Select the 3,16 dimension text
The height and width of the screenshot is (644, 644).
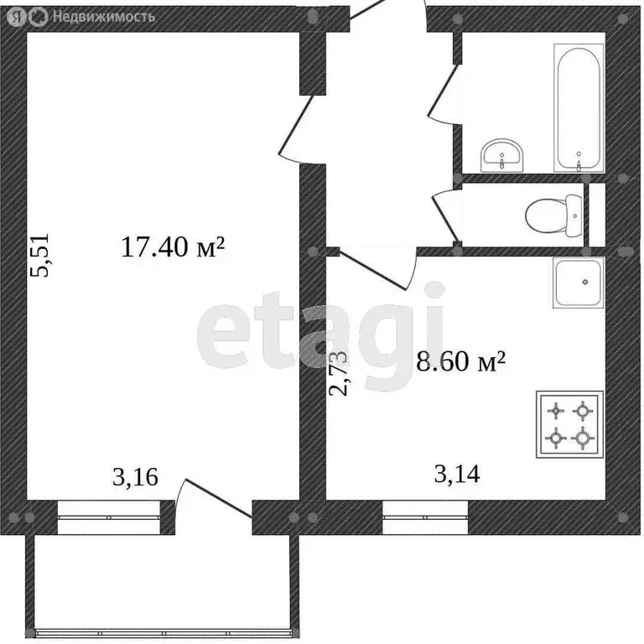pos(135,478)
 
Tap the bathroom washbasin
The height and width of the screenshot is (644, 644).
pos(502,154)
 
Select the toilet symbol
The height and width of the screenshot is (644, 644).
pos(553,215)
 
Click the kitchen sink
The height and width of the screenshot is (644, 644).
pos(578,282)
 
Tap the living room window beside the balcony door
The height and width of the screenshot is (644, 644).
pos(108,517)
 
